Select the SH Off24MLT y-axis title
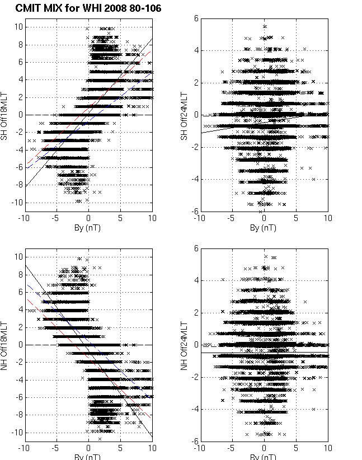(x=182, y=115)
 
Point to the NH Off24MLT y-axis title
(x=182, y=345)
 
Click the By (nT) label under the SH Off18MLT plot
(x=88, y=228)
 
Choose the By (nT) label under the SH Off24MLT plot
(x=264, y=228)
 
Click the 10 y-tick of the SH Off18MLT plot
(x=18, y=26)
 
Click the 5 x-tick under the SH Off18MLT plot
(x=120, y=219)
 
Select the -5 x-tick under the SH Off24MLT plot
(x=231, y=219)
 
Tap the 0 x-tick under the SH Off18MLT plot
(x=88, y=219)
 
